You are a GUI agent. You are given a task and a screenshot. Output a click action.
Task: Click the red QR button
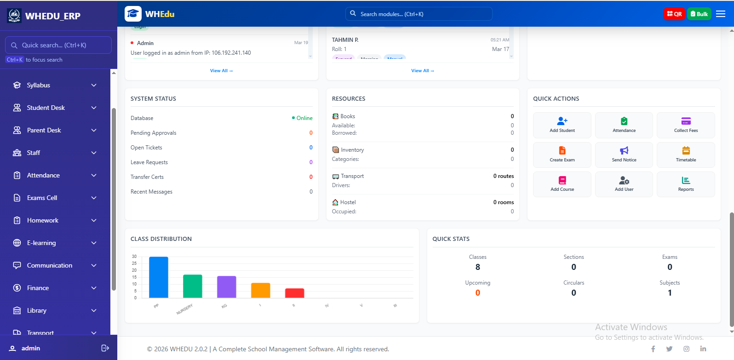(674, 14)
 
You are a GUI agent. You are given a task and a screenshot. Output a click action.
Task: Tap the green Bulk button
(699, 14)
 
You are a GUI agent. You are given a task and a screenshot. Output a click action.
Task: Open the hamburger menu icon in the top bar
(721, 14)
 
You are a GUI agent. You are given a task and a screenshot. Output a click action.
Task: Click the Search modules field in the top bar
(419, 14)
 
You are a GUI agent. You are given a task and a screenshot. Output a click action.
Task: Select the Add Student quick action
(562, 125)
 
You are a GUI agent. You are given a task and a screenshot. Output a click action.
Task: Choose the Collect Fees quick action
(686, 125)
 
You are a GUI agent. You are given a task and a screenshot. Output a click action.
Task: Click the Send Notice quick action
(624, 154)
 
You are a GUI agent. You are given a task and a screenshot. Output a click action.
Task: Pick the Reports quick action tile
(686, 184)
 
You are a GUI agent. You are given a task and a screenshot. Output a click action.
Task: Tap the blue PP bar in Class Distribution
(159, 277)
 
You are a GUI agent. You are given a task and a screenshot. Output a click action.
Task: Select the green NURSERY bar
(193, 286)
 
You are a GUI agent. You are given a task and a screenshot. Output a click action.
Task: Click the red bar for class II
(294, 293)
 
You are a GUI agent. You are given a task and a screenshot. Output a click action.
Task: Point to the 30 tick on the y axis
(134, 257)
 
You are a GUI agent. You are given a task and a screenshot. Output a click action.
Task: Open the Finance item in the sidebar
(38, 288)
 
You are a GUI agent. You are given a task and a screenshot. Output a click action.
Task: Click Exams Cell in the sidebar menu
(42, 198)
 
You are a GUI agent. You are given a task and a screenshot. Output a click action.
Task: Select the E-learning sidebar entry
(41, 243)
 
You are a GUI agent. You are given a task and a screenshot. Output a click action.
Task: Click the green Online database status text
(304, 118)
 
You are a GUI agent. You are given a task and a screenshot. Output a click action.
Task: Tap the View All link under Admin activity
(221, 71)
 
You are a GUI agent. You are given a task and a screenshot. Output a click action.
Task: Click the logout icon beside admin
(105, 348)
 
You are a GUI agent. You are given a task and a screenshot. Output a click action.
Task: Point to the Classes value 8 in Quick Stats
(477, 267)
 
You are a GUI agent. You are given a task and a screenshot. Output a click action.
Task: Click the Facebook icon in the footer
(653, 349)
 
